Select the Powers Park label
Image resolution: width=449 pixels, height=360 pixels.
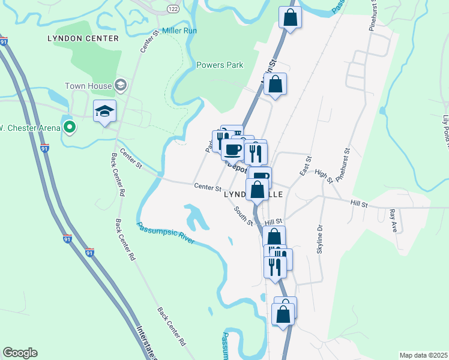(x=220, y=65)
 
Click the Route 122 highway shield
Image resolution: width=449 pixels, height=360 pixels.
(x=173, y=8)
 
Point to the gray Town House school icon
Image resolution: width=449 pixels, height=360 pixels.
(x=121, y=85)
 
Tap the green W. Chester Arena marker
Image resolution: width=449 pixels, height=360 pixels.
(x=70, y=127)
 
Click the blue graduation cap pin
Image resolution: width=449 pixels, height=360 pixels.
(x=104, y=112)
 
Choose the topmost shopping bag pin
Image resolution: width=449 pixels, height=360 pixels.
(x=290, y=18)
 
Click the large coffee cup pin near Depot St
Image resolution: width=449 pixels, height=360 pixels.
(x=233, y=149)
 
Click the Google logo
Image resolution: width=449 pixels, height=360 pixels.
(x=20, y=353)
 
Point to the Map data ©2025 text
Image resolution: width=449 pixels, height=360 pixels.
(x=423, y=355)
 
